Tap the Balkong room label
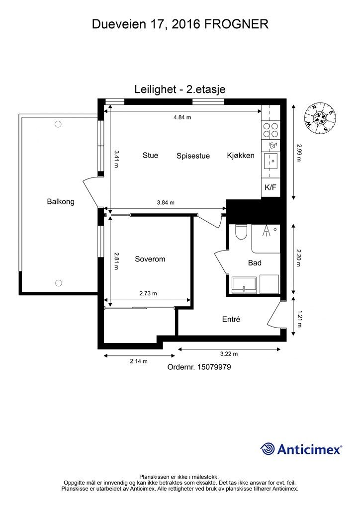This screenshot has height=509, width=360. tap(61, 201)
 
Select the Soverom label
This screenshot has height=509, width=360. tap(150, 259)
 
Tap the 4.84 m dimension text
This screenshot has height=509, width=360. tap(182, 117)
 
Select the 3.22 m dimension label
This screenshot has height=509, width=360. tap(229, 354)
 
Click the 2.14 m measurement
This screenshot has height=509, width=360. tap(139, 361)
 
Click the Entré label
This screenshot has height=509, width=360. tap(231, 319)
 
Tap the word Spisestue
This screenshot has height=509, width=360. tap(193, 156)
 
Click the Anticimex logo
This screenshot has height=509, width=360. tap(301, 449)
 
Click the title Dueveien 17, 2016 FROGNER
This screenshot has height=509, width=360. tap(180, 24)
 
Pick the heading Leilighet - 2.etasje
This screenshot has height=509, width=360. tap(180, 89)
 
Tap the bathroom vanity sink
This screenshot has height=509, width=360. tap(245, 284)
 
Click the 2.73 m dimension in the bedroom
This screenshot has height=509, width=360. tap(148, 293)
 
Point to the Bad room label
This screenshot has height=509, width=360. tap(255, 263)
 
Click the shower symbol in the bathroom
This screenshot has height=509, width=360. tap(267, 231)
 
